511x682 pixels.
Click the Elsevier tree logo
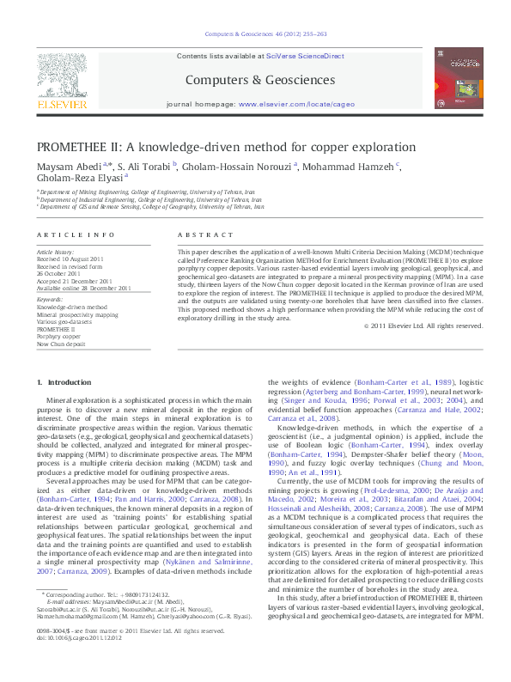coord(61,79)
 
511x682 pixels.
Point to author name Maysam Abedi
coord(69,166)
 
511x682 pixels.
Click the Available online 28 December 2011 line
coord(84,288)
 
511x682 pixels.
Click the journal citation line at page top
coord(264,34)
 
